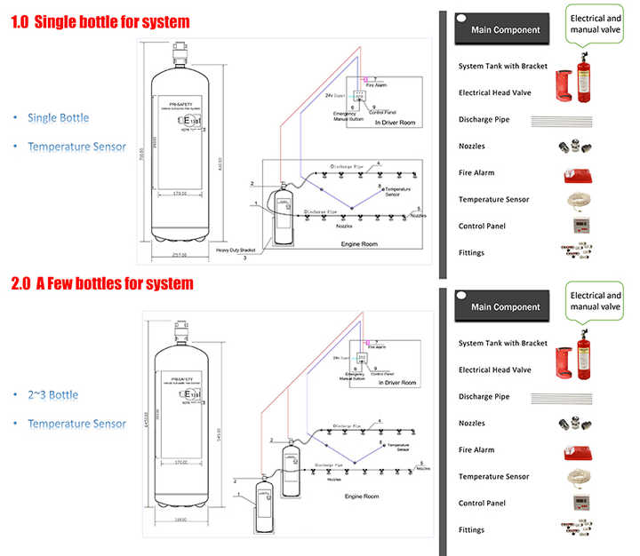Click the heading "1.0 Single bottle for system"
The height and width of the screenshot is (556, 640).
coord(100,21)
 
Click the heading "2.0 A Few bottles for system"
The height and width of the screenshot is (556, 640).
coord(102,284)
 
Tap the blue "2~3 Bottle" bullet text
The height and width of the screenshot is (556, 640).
coord(52,394)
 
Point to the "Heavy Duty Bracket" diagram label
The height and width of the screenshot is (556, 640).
coord(236,250)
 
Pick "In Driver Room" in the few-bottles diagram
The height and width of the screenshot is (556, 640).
coord(396,383)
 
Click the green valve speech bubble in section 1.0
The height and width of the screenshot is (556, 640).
coord(595,24)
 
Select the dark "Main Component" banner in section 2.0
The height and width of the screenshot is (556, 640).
coord(505,306)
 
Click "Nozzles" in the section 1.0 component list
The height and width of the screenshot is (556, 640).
coord(472,146)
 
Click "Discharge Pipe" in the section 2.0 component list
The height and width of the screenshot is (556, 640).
coord(484,396)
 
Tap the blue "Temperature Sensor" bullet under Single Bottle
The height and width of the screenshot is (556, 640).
coord(76,147)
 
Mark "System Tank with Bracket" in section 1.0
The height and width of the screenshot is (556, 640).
coord(502,66)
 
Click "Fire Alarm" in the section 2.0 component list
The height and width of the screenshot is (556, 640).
coord(476,449)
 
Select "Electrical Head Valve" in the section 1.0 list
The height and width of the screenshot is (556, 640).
coord(495,92)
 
